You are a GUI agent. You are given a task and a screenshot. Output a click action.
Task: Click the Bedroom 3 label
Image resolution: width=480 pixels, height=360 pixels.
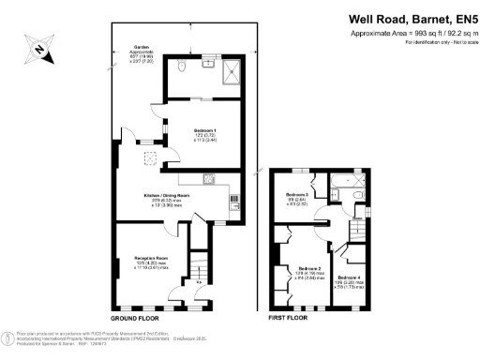tap(297, 195)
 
